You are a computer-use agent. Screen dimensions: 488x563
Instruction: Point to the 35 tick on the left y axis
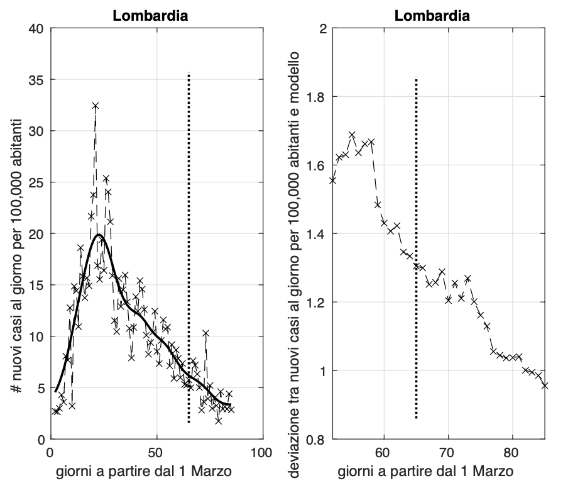tap(38, 80)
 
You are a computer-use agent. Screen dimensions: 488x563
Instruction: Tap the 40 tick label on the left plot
tap(38, 28)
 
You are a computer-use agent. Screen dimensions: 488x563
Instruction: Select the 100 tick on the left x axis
tap(261, 452)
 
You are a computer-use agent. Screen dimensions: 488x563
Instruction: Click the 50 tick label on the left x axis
tap(156, 452)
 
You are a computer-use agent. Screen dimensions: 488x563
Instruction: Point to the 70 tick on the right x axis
tap(447, 452)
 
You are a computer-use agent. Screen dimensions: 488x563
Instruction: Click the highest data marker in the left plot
tap(96, 106)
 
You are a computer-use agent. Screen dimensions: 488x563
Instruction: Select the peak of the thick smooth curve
tap(99, 235)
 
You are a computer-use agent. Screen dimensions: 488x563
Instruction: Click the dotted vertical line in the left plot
tap(189, 252)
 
